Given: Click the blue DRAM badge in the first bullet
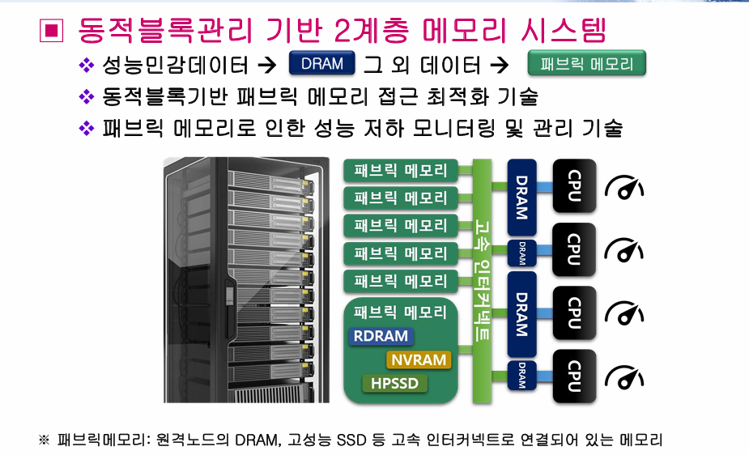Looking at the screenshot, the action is (322, 63).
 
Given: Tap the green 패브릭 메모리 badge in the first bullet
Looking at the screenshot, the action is (586, 63).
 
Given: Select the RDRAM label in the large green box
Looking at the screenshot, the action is (381, 336).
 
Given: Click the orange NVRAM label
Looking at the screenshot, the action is (419, 360).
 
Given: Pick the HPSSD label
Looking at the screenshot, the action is (394, 384).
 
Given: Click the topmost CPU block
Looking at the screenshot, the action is (574, 185).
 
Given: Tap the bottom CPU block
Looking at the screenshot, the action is (574, 376).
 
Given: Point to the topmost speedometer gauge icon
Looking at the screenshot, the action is (624, 188).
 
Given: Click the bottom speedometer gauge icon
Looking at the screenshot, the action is (624, 377).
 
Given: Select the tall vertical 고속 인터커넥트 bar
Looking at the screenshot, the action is (482, 281).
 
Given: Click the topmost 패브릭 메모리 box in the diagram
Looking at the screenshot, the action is (400, 171).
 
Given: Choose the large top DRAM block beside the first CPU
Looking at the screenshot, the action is (521, 198).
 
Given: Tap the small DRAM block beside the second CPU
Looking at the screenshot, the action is (521, 253).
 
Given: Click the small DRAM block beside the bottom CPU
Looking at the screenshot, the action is (521, 376).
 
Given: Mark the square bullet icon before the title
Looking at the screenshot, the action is (52, 30).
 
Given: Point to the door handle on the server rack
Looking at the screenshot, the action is (230, 296).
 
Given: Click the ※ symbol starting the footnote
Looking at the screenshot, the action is (44, 440).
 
